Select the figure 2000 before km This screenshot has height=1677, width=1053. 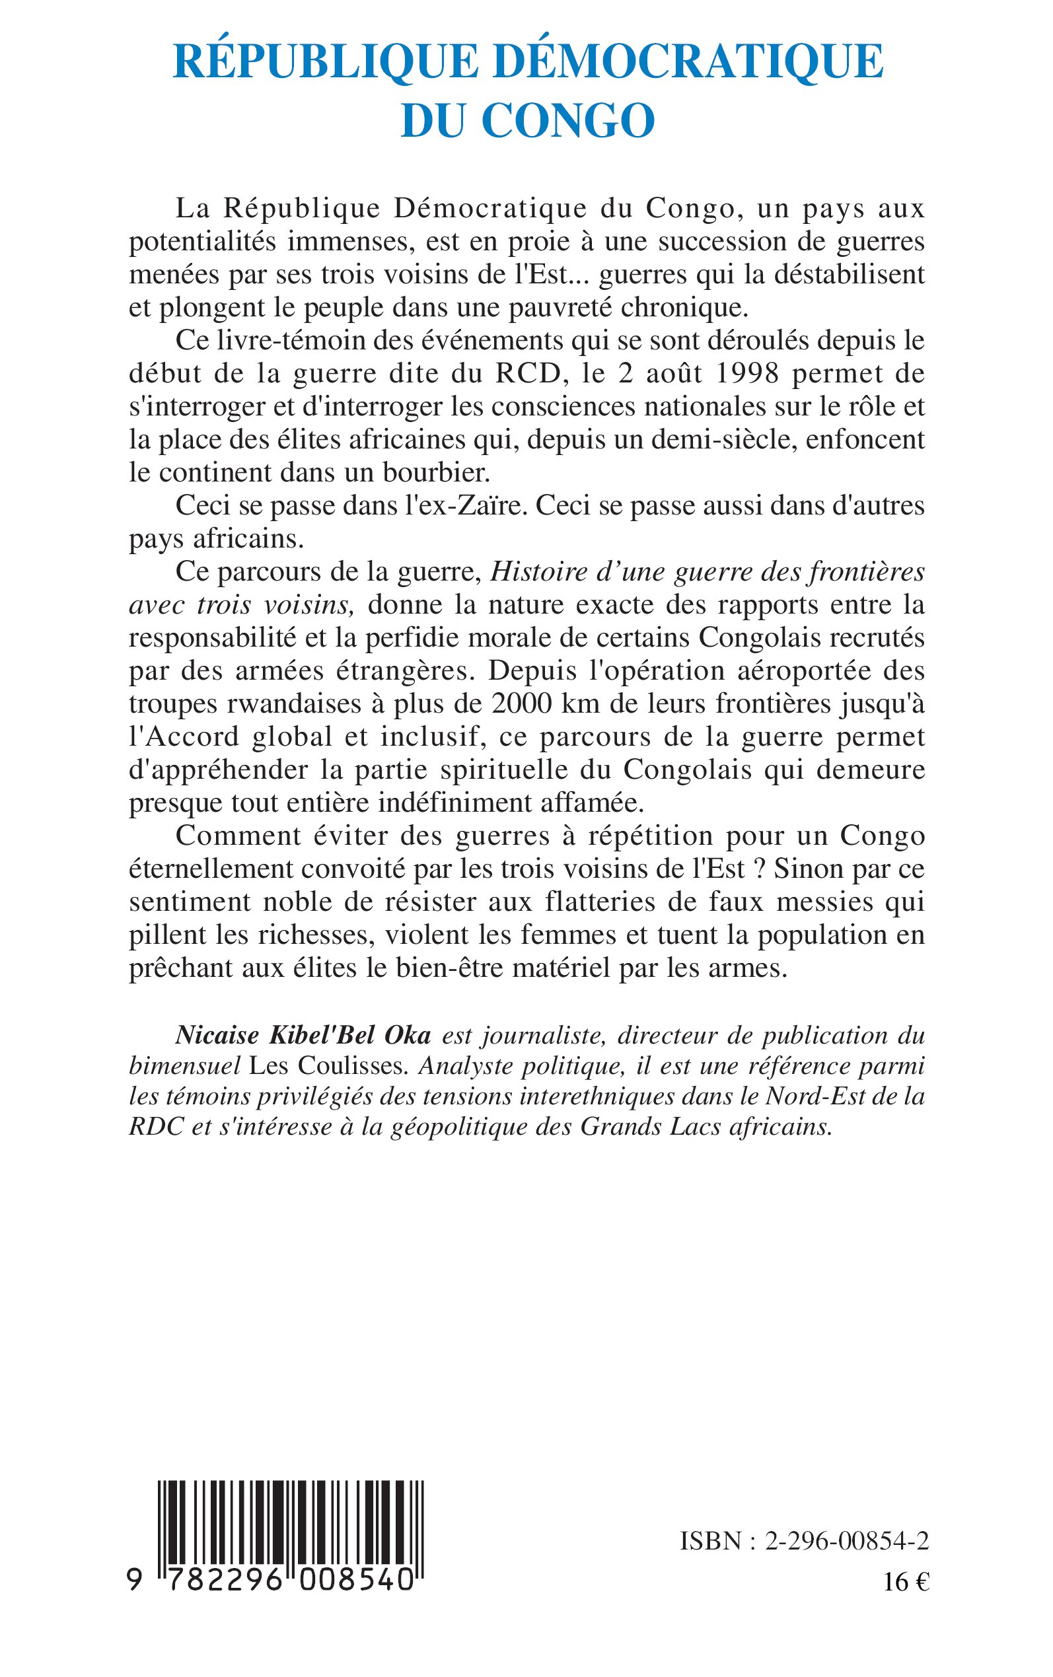click(518, 704)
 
